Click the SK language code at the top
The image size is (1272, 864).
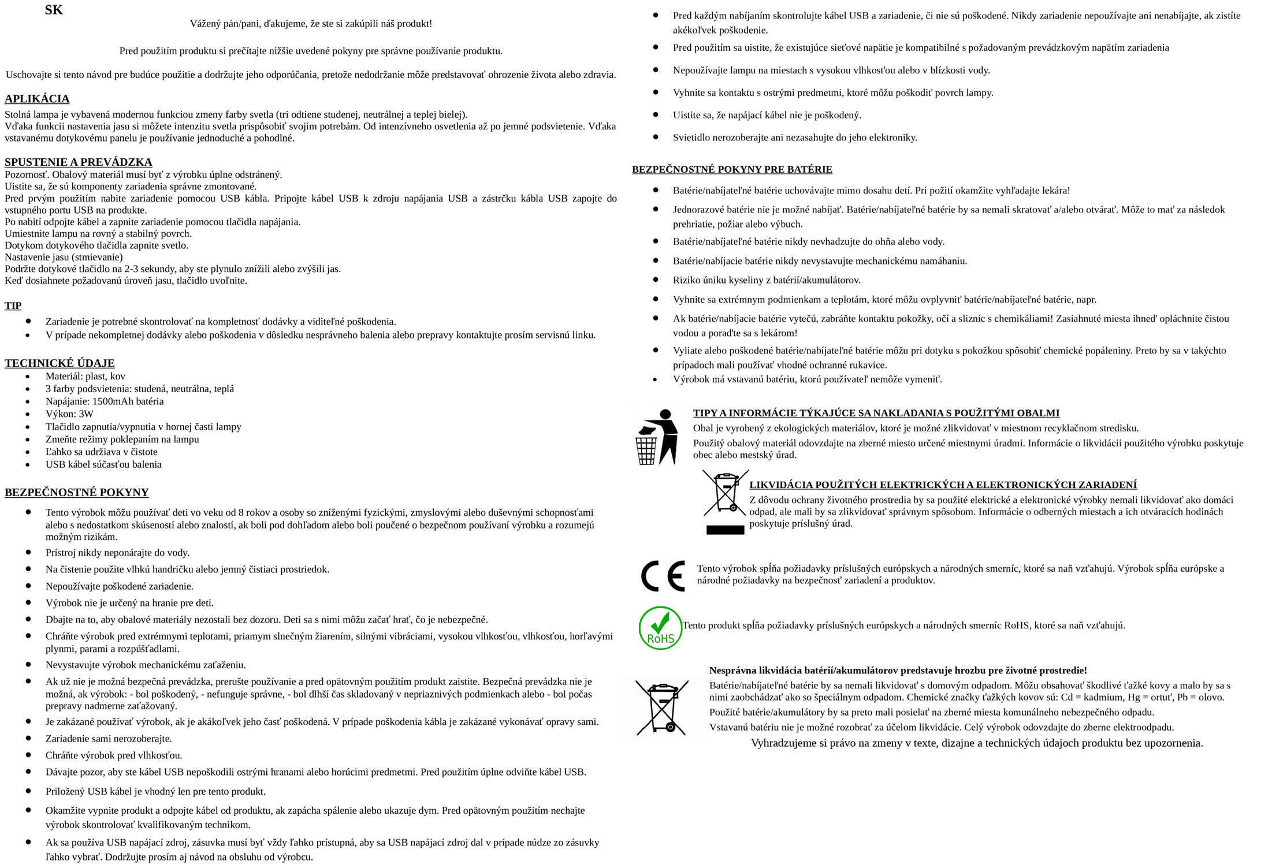click(54, 10)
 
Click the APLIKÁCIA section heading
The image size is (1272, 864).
click(37, 99)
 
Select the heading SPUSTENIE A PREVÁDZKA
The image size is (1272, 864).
click(79, 162)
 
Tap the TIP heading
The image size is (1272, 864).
click(13, 306)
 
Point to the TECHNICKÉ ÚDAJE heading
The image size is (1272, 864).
click(59, 363)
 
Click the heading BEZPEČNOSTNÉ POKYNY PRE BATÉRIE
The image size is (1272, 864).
click(732, 169)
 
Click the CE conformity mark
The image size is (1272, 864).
click(663, 575)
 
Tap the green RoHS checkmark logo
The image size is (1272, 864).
click(660, 628)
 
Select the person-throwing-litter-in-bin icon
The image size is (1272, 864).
click(657, 437)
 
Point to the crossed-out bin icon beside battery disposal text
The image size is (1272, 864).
click(661, 708)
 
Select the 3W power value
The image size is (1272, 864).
click(85, 414)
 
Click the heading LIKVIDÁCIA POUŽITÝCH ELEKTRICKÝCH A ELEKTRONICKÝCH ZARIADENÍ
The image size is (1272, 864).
click(943, 485)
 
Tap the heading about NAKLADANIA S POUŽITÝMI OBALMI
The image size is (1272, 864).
click(876, 413)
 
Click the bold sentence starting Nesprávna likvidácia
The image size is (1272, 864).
click(898, 671)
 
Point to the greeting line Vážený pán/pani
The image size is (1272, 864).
click(311, 24)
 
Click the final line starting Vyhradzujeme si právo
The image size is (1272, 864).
click(976, 743)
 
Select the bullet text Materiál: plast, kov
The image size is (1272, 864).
click(85, 377)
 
